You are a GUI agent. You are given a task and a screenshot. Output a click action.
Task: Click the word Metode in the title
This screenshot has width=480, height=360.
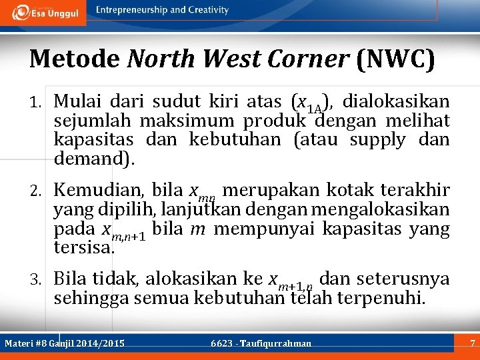pyautogui.click(x=74, y=59)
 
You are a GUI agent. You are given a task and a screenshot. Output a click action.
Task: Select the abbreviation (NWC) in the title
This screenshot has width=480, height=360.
pyautogui.click(x=395, y=59)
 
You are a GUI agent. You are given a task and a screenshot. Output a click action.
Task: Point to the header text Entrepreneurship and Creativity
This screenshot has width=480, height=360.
pyautogui.click(x=162, y=10)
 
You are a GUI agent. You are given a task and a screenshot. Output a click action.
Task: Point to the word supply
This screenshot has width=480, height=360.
pyautogui.click(x=377, y=140)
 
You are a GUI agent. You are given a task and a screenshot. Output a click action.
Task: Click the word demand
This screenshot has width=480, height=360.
pyautogui.click(x=92, y=159)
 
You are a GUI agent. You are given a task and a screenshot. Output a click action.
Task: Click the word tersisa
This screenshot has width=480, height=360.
pyautogui.click(x=84, y=248)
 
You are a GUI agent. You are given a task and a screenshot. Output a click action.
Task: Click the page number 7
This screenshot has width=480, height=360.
pyautogui.click(x=472, y=344)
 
